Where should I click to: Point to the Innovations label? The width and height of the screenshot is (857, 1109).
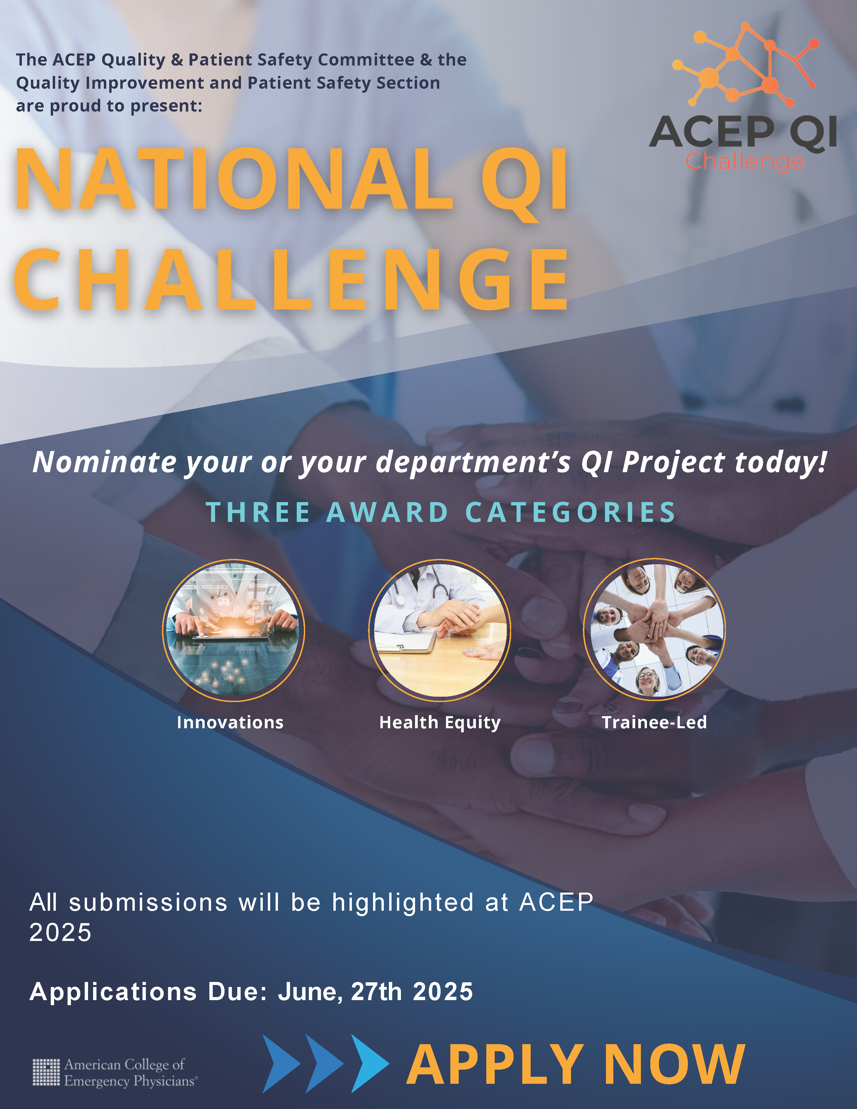pos(230,722)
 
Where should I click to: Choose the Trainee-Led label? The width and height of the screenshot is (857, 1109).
pos(654,722)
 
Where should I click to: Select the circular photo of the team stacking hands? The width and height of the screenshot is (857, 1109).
pos(654,630)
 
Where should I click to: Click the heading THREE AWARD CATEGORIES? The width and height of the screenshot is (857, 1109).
pos(440,512)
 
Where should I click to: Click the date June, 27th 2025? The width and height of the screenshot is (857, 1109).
pos(375,992)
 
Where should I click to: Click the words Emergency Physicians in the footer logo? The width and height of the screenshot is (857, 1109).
pos(129,1081)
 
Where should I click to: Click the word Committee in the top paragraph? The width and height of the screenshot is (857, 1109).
pos(366,60)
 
